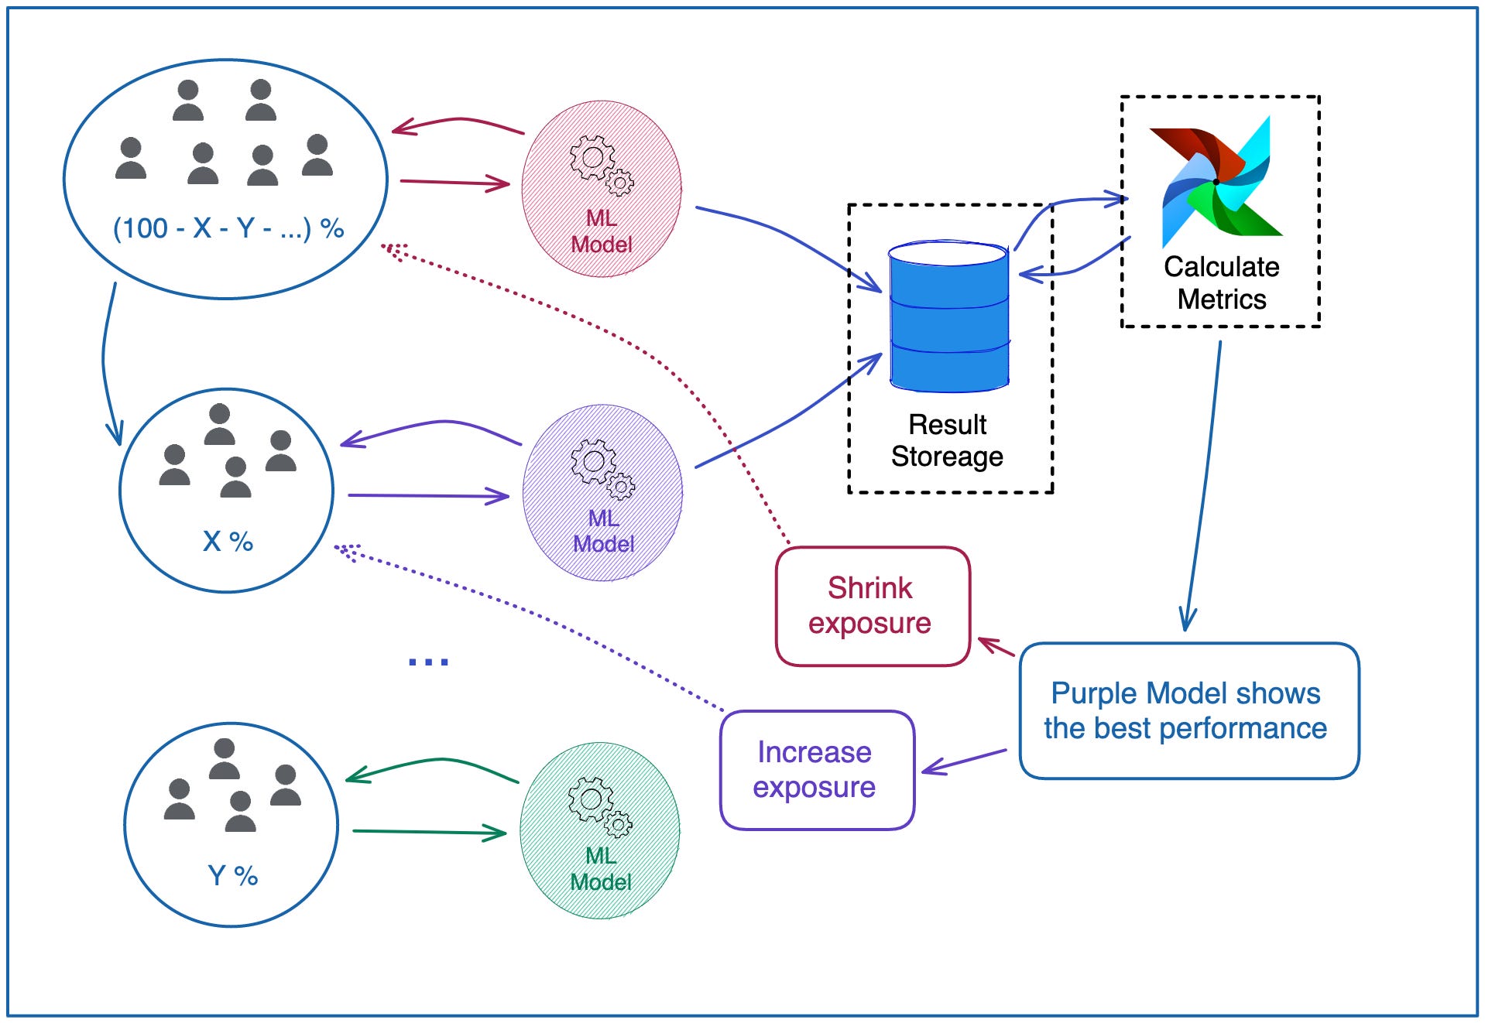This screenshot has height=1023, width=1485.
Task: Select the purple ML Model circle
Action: tap(602, 492)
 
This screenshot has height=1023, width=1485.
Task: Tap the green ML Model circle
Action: tap(600, 830)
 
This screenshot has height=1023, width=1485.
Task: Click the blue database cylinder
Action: tap(948, 317)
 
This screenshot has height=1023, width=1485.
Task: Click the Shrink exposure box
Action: tap(872, 606)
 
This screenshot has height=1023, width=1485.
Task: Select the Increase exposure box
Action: tap(816, 770)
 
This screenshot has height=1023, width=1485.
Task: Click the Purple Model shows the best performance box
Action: tap(1188, 710)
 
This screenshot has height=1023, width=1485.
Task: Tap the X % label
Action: tap(228, 541)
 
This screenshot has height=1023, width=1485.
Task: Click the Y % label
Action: tap(232, 876)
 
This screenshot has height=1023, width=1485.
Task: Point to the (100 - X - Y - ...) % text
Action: tap(228, 228)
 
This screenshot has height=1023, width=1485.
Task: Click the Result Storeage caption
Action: tap(948, 440)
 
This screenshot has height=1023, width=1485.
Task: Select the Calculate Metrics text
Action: tap(1221, 282)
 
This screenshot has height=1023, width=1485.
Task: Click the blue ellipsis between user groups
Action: tap(428, 661)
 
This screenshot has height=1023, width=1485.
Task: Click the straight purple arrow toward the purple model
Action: tap(427, 495)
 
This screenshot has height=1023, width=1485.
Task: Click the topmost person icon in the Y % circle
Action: tap(224, 758)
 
